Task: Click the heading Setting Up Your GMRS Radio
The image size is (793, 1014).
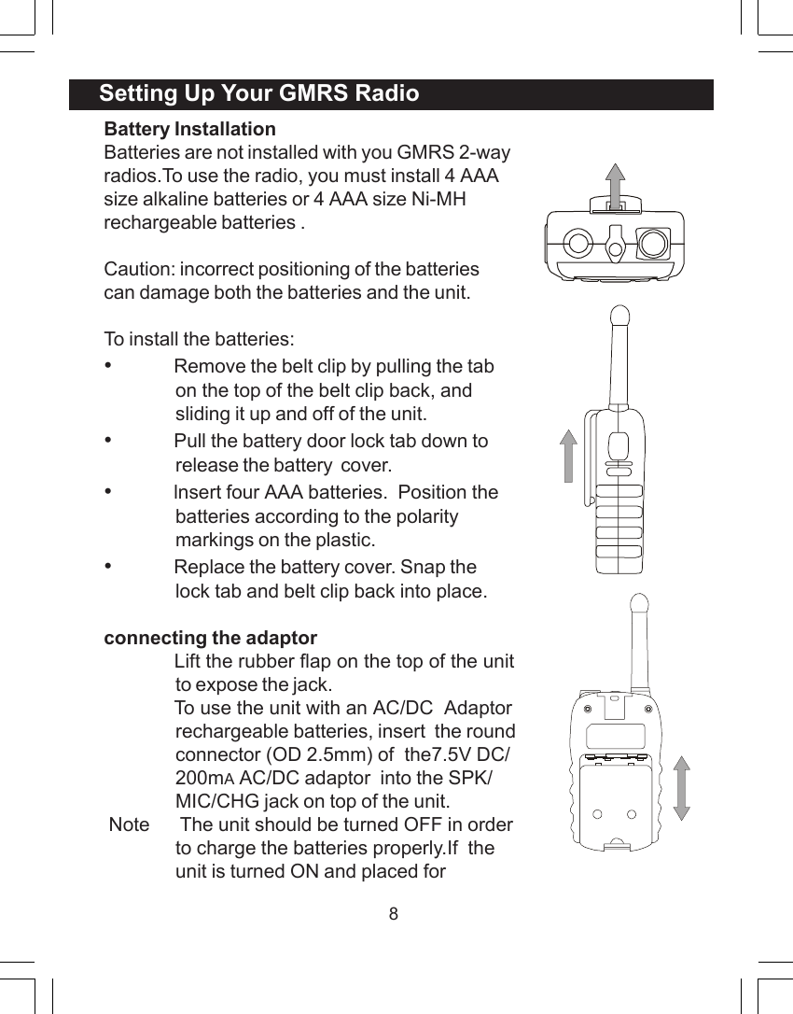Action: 258,94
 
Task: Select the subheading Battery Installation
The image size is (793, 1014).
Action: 189,129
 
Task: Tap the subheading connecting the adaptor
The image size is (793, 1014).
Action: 210,639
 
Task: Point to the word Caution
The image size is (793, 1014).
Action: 137,270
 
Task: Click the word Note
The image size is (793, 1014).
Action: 129,824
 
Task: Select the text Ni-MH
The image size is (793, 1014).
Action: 438,199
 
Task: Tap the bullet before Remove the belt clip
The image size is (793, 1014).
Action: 109,365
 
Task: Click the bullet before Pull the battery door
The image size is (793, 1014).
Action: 109,439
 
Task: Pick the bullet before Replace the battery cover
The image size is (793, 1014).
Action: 109,565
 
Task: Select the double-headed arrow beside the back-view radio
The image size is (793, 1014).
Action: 681,788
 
